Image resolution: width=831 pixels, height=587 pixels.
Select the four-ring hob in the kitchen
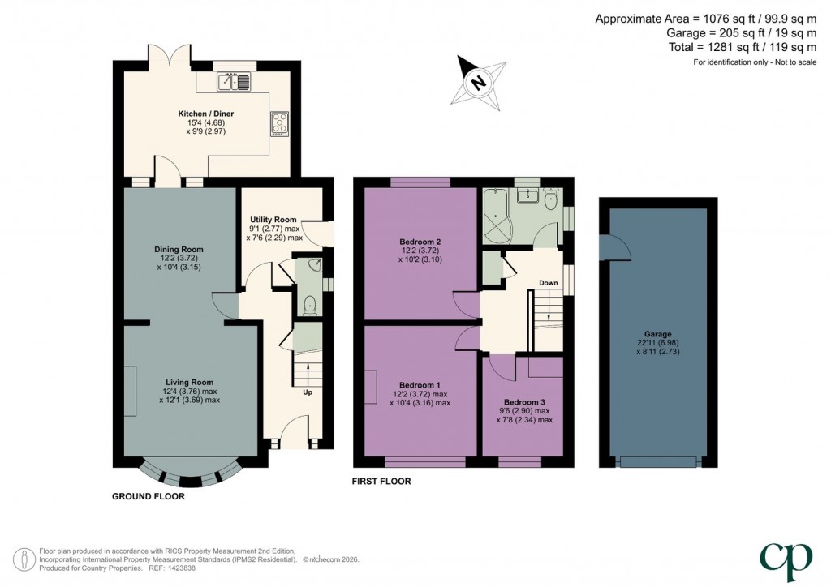pos(280,122)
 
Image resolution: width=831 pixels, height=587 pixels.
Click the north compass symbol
pos(477,81)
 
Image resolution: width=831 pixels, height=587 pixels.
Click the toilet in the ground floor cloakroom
pos(308,303)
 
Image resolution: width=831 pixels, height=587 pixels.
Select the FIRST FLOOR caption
pos(381,482)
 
